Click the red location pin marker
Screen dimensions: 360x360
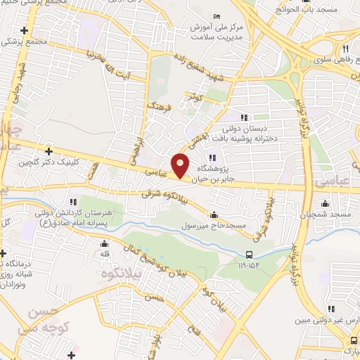181,165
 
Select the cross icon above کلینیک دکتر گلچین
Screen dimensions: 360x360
49,150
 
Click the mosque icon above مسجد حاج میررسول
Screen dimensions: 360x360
214,214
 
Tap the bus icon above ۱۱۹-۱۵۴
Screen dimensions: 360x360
250,255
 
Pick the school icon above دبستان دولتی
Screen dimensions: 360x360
245,117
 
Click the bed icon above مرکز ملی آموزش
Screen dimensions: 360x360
217,16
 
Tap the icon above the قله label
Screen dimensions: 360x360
103,243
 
